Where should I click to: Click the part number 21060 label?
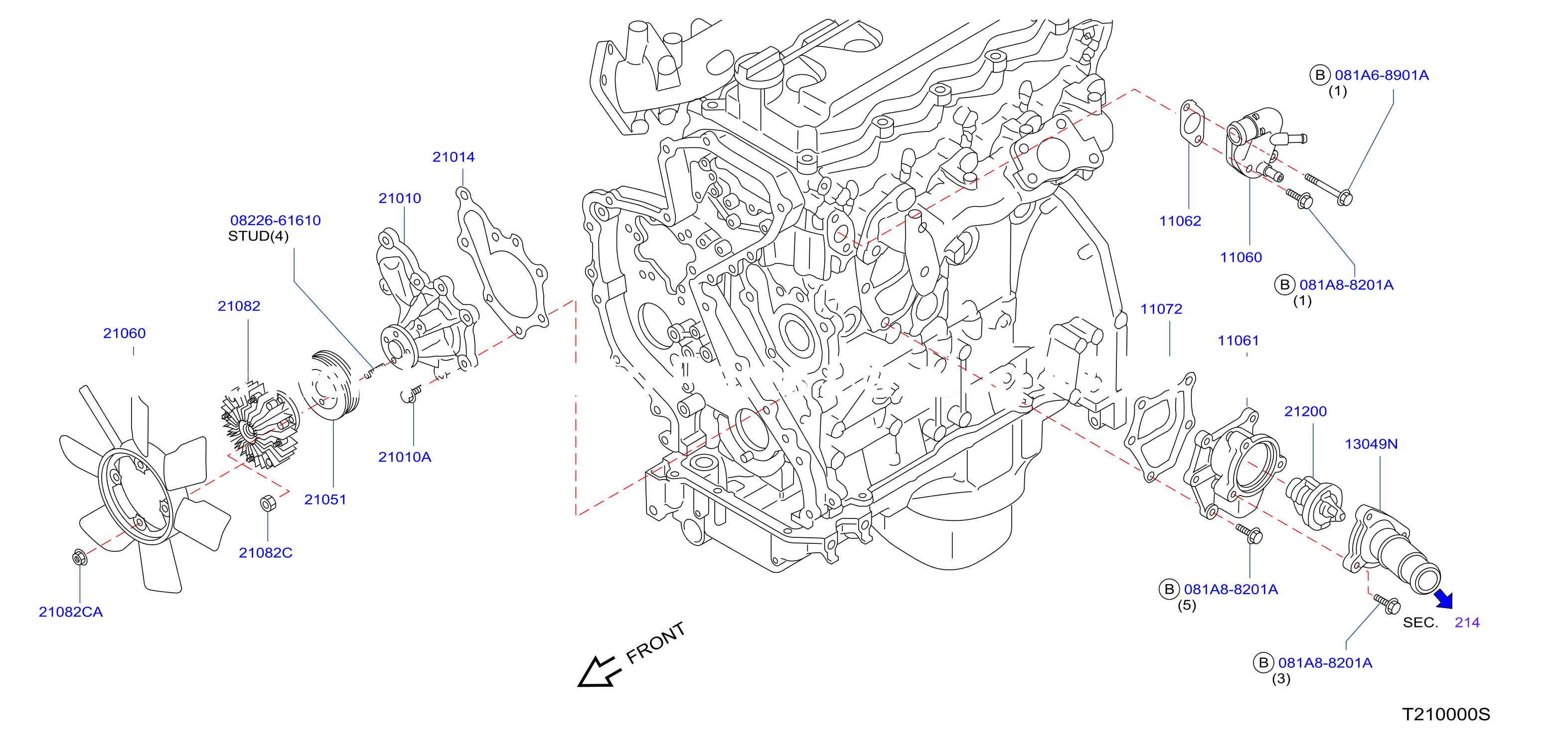coord(125,333)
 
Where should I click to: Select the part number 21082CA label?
coord(70,612)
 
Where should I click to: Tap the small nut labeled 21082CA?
coord(79,557)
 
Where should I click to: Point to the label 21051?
coord(325,499)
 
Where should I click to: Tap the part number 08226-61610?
coord(276,221)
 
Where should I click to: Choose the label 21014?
coord(454,157)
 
